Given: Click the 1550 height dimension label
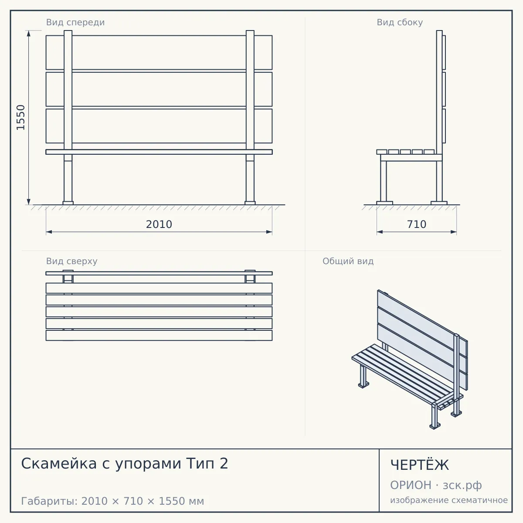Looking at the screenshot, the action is pyautogui.click(x=20, y=117).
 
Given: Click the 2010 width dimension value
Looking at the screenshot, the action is pyautogui.click(x=159, y=224).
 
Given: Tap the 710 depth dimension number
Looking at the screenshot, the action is pyautogui.click(x=417, y=224).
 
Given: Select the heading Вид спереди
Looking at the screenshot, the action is pyautogui.click(x=75, y=22).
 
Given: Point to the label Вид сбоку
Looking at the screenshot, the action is pyautogui.click(x=400, y=22).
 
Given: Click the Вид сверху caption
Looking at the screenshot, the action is pyautogui.click(x=71, y=261).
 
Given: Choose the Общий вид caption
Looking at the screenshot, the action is pyautogui.click(x=348, y=261).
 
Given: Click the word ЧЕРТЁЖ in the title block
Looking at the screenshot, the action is pyautogui.click(x=420, y=465).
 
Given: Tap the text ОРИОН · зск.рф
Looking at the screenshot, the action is pyautogui.click(x=436, y=485).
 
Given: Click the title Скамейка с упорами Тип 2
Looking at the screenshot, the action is pyautogui.click(x=125, y=464).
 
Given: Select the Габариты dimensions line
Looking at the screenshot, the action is pyautogui.click(x=112, y=501).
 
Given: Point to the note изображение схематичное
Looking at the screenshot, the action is pyautogui.click(x=449, y=500).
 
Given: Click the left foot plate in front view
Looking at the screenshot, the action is pyautogui.click(x=68, y=203).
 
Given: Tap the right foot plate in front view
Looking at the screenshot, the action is pyautogui.click(x=250, y=203).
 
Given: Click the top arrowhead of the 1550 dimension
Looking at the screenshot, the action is pyautogui.click(x=29, y=33).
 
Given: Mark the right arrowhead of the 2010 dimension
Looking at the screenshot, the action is pyautogui.click(x=269, y=232).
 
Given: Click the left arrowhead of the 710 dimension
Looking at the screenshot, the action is pyautogui.click(x=380, y=232).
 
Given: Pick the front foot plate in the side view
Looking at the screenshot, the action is pyautogui.click(x=384, y=203).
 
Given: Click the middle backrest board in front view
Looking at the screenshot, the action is pyautogui.click(x=159, y=89).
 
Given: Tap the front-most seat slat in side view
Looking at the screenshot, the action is pyautogui.click(x=382, y=152).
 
